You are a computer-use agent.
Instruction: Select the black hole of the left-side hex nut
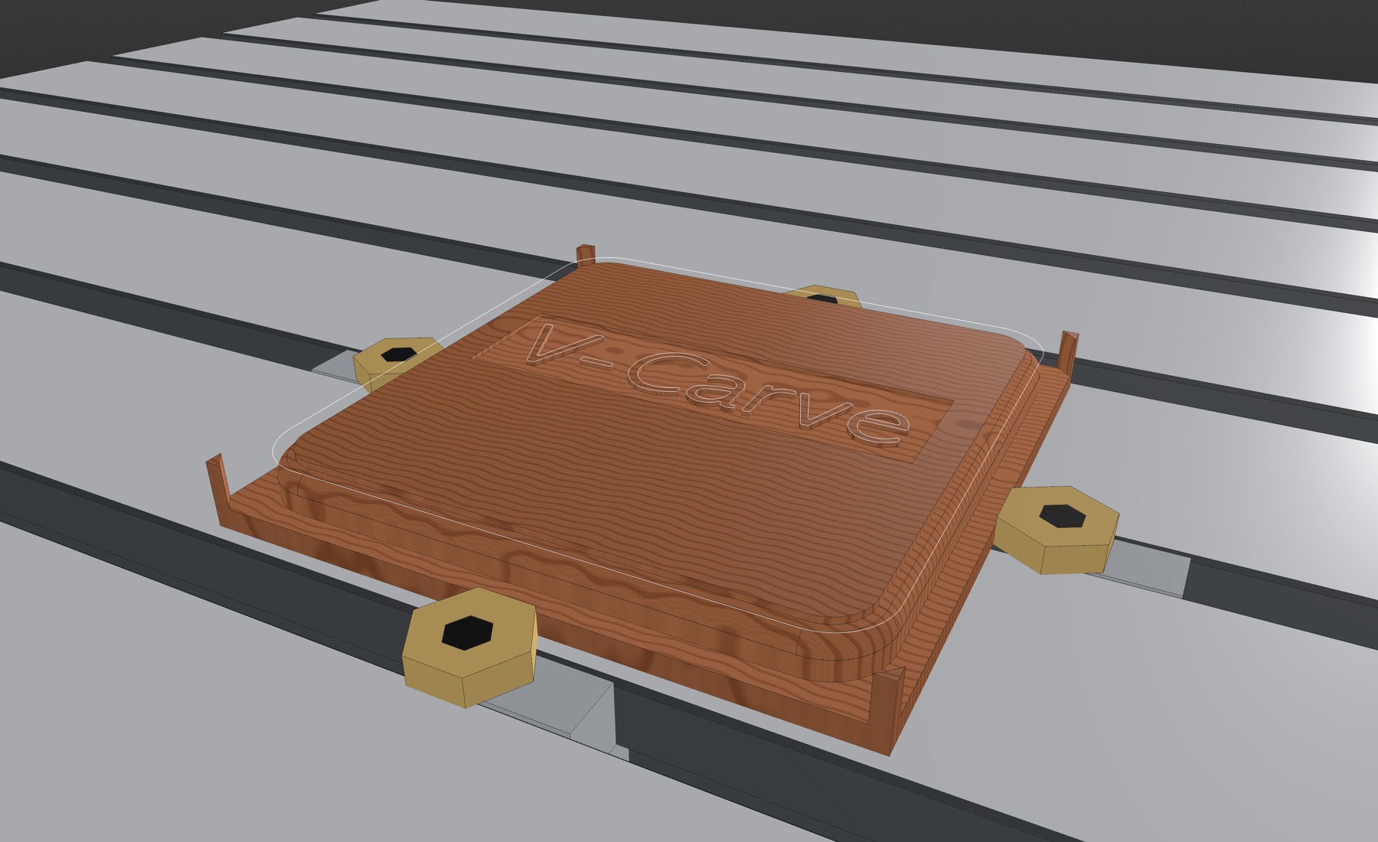coord(399,354)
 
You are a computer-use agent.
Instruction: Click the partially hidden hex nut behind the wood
coord(822,295)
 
